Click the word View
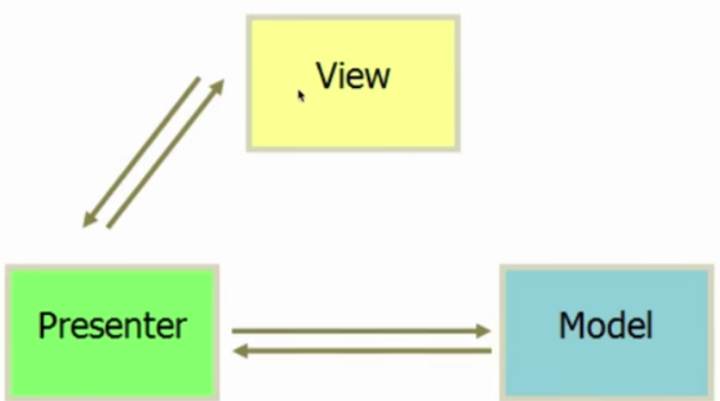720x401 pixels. point(353,76)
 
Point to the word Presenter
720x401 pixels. point(112,325)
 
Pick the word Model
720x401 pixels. point(605,325)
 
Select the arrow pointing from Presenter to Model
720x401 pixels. point(356,331)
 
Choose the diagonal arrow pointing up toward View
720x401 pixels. point(164,153)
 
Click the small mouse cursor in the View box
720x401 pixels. point(301,95)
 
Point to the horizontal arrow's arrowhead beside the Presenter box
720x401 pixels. point(240,351)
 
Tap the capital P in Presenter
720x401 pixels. point(47,325)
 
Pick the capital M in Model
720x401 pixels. point(572,325)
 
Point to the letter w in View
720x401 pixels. point(377,78)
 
